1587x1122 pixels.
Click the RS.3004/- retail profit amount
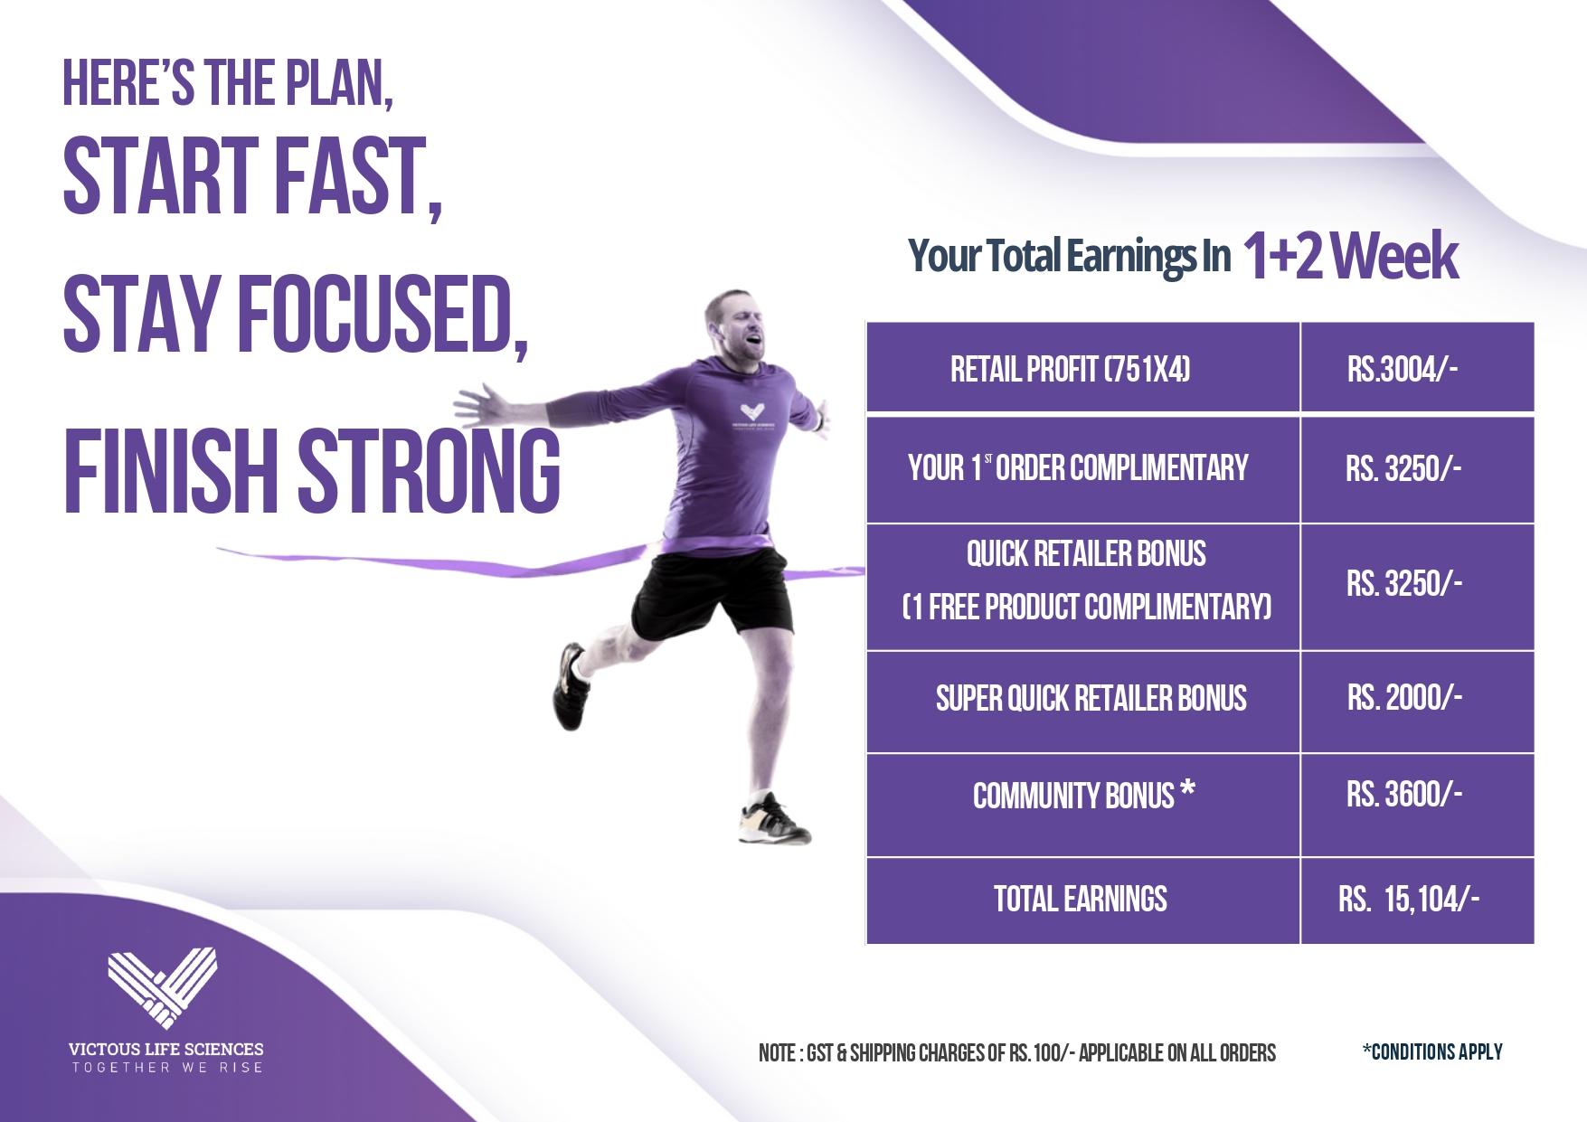(x=1403, y=369)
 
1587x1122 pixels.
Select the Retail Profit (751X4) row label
(x=1071, y=369)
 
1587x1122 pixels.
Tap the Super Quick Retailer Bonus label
(x=1091, y=698)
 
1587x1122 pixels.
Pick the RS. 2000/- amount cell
(x=1404, y=697)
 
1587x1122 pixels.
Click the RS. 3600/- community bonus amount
(x=1404, y=794)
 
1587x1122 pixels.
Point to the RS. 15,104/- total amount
(x=1409, y=899)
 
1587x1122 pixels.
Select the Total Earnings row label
(x=1081, y=899)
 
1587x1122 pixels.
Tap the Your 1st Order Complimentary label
(x=1078, y=467)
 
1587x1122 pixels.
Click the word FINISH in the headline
(x=170, y=470)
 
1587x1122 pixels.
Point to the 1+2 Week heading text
(x=1350, y=257)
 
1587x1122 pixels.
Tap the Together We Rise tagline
(x=167, y=1068)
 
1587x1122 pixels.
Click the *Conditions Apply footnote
(x=1432, y=1051)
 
